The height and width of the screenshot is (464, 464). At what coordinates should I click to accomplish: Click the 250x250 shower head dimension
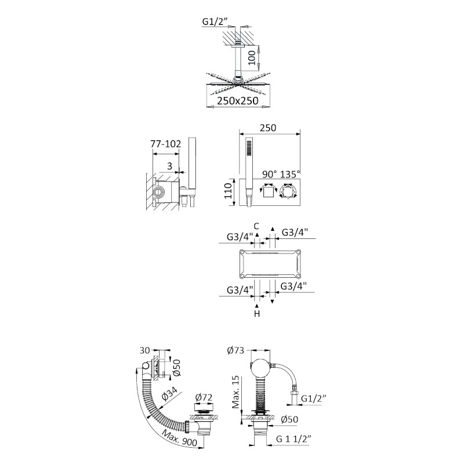[x=238, y=101]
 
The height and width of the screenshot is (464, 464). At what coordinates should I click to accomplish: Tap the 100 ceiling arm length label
[x=251, y=57]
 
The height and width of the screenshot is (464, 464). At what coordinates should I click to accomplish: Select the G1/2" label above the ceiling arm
[x=215, y=21]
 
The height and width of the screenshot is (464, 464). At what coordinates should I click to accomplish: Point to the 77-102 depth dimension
[x=165, y=144]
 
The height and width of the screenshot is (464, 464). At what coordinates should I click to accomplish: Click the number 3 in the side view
[x=169, y=166]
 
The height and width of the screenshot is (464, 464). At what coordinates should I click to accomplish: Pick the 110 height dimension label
[x=228, y=191]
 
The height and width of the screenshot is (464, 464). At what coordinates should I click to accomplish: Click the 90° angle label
[x=269, y=174]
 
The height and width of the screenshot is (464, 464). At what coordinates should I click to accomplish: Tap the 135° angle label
[x=289, y=174]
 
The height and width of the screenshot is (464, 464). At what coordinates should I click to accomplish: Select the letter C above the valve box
[x=256, y=226]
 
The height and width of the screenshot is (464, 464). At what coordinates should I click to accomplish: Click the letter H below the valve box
[x=257, y=313]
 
